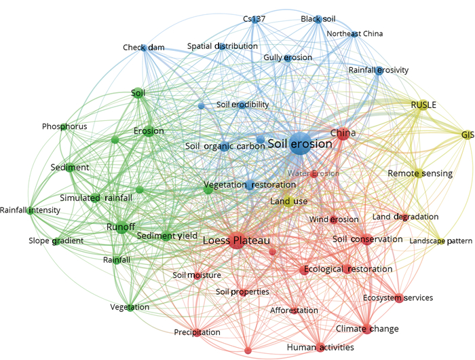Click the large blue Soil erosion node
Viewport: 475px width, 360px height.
coord(299,145)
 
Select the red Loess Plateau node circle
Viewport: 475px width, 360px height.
coord(237,241)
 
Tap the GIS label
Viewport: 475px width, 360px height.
coord(467,134)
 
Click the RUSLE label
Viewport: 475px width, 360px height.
coord(423,105)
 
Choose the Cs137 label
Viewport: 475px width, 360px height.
coord(254,19)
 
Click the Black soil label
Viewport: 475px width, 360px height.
coord(318,20)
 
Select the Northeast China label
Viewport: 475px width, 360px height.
coord(354,33)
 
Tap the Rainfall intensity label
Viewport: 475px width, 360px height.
coord(30,211)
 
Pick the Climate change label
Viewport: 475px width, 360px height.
coord(367,329)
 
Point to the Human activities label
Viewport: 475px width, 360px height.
coord(320,347)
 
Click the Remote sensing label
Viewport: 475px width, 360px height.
coord(420,173)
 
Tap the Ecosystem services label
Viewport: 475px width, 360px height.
coord(398,298)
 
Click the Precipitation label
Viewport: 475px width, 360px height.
coord(197,332)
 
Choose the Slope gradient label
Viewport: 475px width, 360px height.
coord(56,241)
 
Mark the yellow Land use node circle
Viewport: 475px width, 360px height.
coord(286,200)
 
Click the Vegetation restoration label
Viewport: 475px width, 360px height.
coord(240,185)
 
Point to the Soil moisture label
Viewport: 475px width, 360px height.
coord(197,275)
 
